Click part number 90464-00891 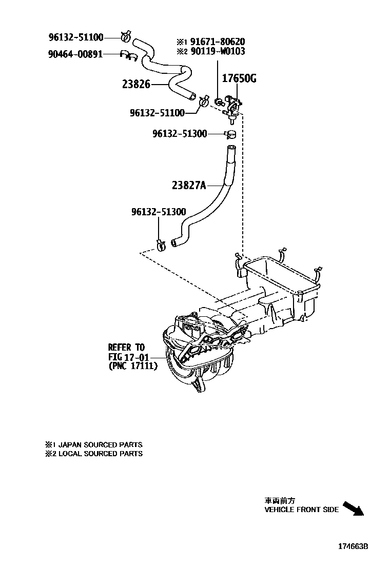(75, 53)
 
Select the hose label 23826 (136, 84)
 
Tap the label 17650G (239, 79)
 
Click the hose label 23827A (188, 186)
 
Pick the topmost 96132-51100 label (76, 37)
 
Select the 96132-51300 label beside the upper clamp (180, 134)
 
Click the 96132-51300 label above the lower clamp (158, 211)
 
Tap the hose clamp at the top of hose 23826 (125, 36)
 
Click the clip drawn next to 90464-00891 (126, 54)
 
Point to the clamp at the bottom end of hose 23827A (161, 245)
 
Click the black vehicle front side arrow (353, 508)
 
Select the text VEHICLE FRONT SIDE (301, 510)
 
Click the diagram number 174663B (353, 547)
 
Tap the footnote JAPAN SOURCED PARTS (98, 445)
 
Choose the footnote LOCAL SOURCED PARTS (98, 454)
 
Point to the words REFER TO (126, 347)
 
